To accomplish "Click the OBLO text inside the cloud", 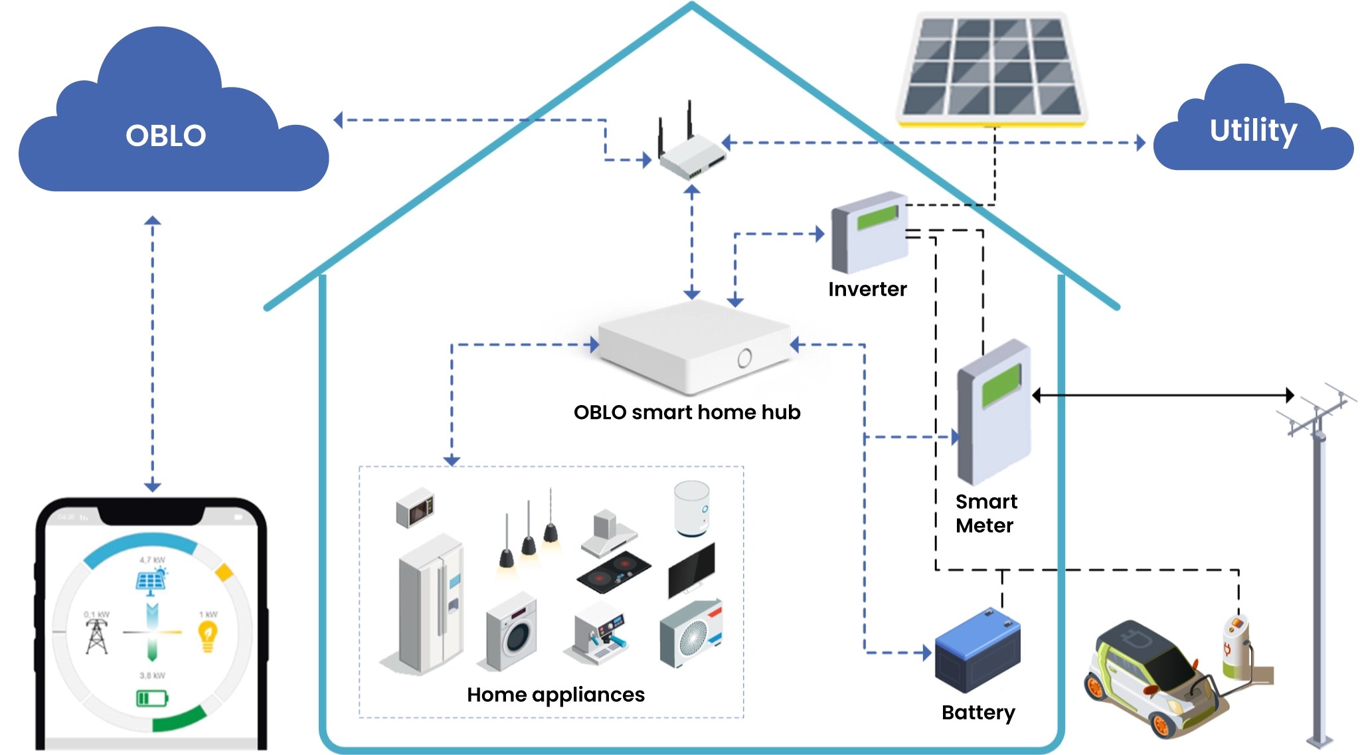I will (166, 135).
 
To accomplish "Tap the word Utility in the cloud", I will (1252, 130).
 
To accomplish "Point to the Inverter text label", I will (867, 289).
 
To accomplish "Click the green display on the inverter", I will (877, 217).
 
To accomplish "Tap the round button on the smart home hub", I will (744, 359).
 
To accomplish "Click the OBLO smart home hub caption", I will (687, 412).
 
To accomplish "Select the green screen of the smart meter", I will (1001, 385).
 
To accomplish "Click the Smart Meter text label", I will (985, 513).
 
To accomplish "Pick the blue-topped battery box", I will (977, 651).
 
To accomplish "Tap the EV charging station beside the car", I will (1236, 647).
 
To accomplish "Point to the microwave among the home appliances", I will (415, 508).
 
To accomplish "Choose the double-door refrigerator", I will (430, 604).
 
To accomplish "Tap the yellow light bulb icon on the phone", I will (208, 635).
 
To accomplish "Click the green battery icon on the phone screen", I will (152, 698).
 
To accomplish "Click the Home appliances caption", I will (555, 695).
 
